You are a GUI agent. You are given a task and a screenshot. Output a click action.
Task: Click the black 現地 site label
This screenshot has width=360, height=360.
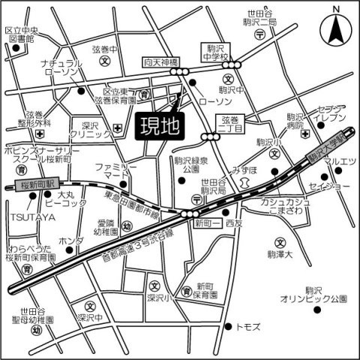tap(160, 125)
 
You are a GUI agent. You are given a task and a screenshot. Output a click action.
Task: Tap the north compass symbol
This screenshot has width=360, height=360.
tap(335, 31)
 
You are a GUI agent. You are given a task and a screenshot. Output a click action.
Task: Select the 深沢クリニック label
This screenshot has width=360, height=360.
tap(91, 129)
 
